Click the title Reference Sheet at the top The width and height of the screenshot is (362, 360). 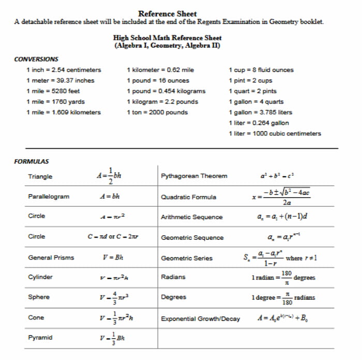(168, 13)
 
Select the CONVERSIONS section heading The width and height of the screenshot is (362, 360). (36, 59)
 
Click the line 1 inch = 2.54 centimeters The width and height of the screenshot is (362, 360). (63, 70)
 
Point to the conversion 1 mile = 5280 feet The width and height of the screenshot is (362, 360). (53, 91)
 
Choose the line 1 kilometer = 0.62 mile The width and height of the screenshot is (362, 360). (160, 70)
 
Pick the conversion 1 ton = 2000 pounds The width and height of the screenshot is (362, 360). (157, 112)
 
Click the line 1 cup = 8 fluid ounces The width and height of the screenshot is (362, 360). (261, 70)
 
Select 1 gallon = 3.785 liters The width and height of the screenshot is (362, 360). (260, 112)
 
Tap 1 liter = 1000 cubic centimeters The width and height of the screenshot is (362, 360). (275, 133)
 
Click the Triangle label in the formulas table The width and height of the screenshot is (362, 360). (40, 177)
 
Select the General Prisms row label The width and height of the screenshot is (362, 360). (51, 258)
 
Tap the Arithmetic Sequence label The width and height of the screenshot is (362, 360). (192, 217)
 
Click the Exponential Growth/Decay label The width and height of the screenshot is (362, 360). (201, 319)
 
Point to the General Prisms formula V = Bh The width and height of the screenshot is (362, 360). (113, 257)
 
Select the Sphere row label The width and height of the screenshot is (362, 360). (39, 297)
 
